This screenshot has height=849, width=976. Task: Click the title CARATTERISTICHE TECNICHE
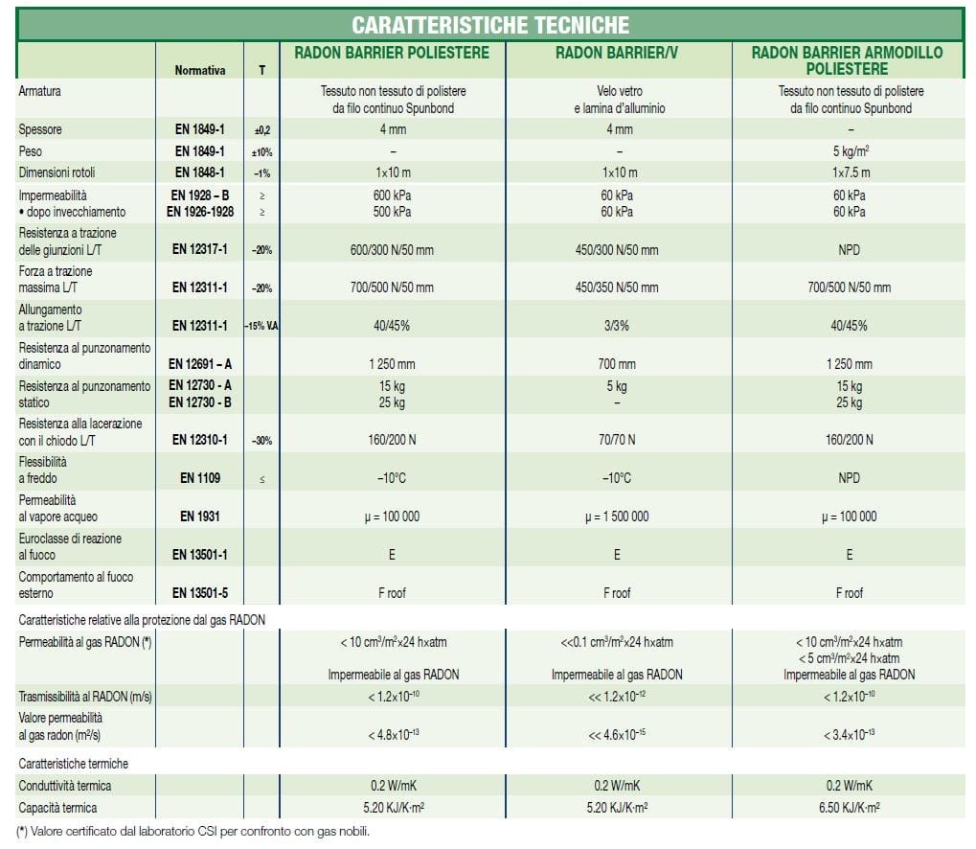(489, 25)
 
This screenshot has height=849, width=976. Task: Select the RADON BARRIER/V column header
(617, 54)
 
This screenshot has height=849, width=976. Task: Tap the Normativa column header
(200, 70)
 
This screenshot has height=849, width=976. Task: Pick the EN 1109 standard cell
(200, 478)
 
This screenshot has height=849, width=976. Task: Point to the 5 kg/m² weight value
(849, 151)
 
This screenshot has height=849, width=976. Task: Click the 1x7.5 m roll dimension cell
(849, 172)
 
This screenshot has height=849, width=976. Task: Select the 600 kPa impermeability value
(393, 195)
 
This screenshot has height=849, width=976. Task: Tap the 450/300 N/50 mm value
(617, 250)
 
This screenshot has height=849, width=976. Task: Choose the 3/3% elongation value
(617, 326)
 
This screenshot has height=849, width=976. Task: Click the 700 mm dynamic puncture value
(617, 364)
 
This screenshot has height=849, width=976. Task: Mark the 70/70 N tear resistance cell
(617, 441)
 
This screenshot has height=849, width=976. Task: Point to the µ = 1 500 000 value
(617, 516)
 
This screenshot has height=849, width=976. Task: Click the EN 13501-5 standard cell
(200, 593)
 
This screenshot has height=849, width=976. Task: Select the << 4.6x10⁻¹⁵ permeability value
(617, 735)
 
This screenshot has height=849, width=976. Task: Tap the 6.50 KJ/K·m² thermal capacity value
(849, 808)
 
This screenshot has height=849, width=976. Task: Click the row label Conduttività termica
(65, 786)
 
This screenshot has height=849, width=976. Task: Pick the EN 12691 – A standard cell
(200, 364)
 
